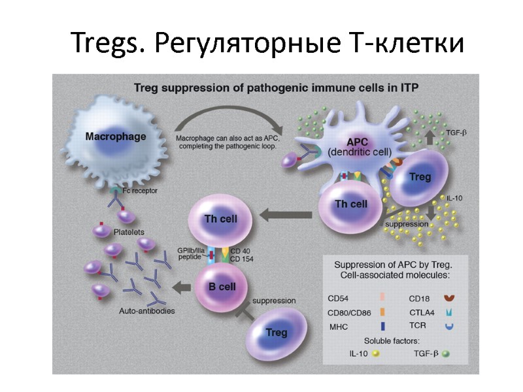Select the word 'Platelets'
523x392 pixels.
tap(128, 232)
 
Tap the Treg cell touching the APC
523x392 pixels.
tap(419, 178)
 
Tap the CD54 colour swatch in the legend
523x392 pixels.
tap(382, 297)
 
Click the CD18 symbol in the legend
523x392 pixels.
tap(448, 298)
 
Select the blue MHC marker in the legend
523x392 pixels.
tap(382, 325)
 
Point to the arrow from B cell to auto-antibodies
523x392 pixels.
tap(182, 286)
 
